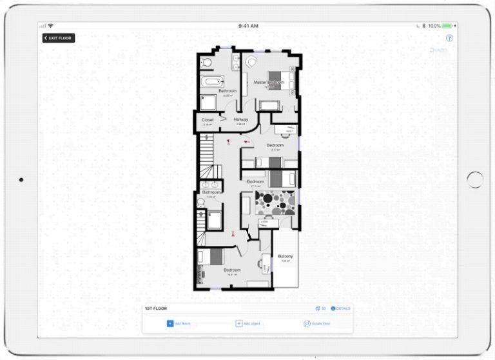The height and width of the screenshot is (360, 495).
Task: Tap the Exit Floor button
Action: [x=59, y=38]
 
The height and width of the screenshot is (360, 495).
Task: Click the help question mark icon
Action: [x=449, y=38]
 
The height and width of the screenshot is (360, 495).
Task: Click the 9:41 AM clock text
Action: [x=248, y=26]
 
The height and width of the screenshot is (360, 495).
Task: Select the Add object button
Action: [x=248, y=323]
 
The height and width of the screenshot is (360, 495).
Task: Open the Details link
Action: [x=342, y=309]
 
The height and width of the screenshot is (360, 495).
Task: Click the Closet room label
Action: [x=208, y=119]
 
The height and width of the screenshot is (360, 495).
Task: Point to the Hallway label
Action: [x=240, y=119]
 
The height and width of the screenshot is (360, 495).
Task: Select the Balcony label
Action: [x=286, y=257]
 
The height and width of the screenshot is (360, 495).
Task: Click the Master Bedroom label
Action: [x=268, y=83]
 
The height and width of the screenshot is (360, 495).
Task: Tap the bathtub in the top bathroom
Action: [x=211, y=81]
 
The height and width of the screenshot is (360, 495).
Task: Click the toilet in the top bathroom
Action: [x=204, y=62]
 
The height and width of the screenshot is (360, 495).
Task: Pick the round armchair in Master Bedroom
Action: [x=251, y=61]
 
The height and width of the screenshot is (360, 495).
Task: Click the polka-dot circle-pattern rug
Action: [x=275, y=203]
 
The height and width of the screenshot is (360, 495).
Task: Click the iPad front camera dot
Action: [x=21, y=180]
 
